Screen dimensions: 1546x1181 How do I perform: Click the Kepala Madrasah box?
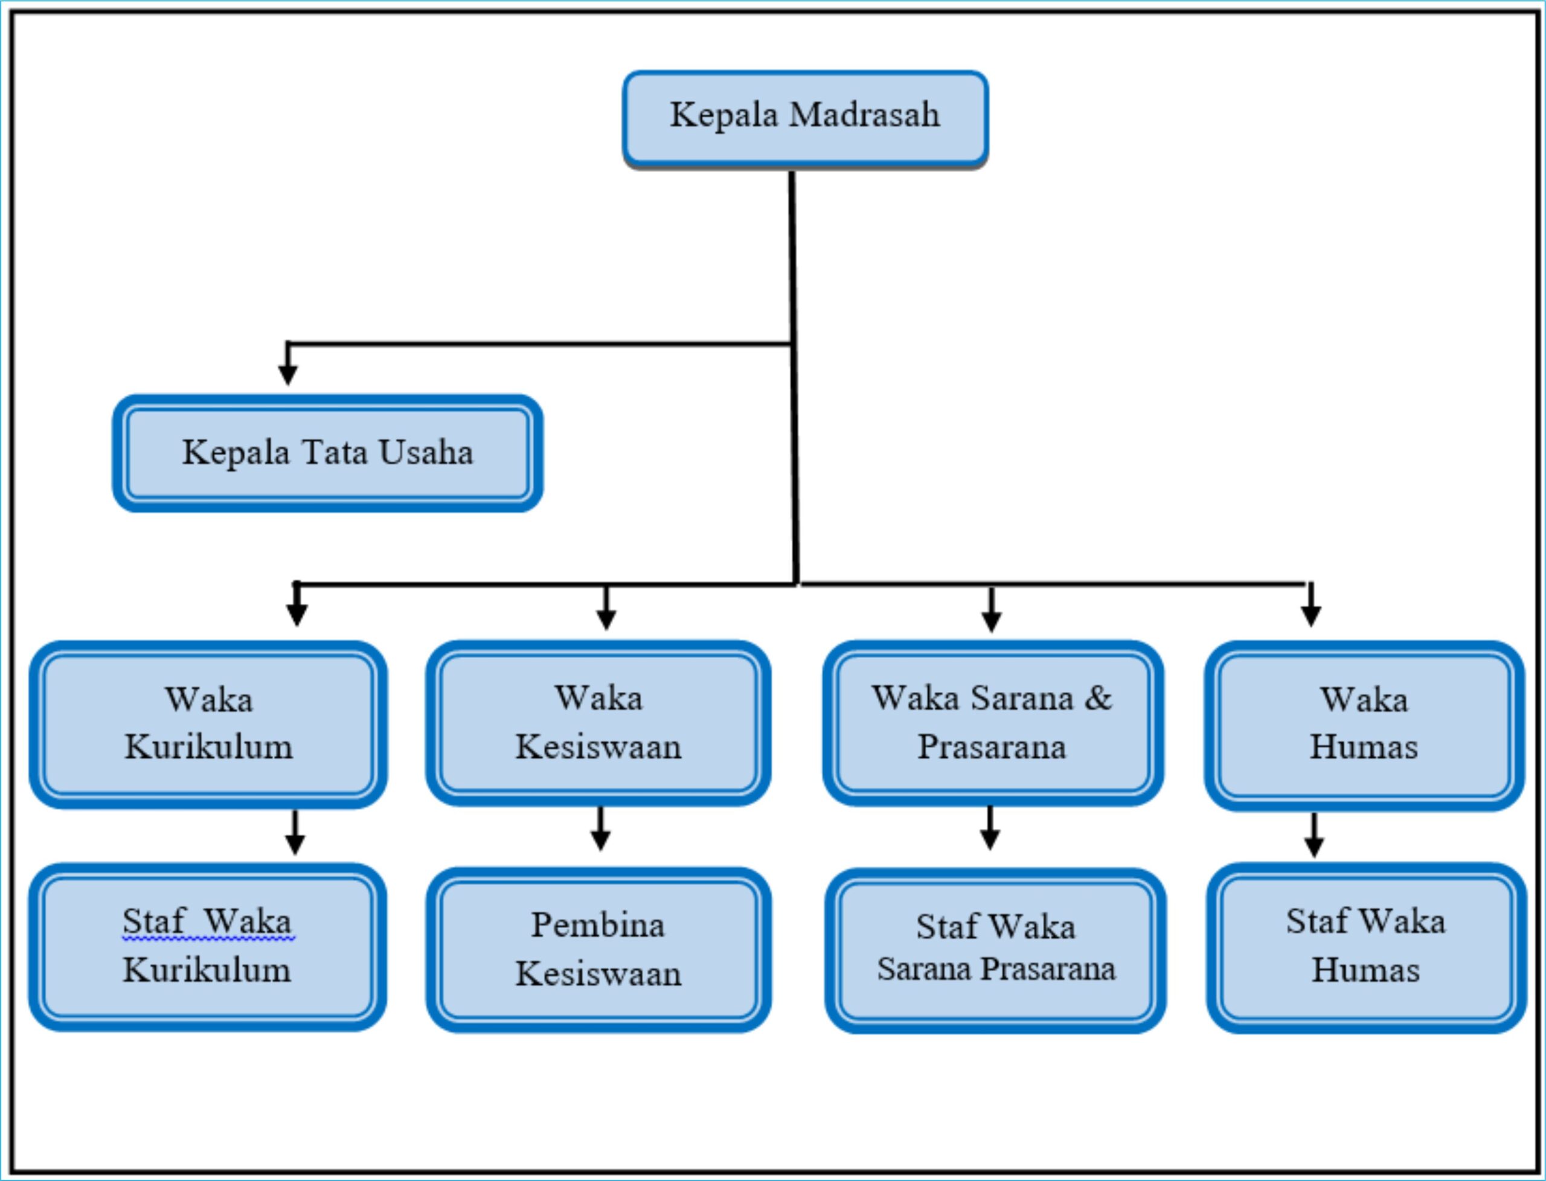coord(806,120)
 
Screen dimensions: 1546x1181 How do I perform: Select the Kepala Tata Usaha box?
coord(328,453)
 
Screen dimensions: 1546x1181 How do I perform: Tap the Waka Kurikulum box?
coord(208,725)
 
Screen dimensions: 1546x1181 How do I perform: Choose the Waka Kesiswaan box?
coord(598,723)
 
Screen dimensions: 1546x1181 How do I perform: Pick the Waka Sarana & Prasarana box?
coord(993,723)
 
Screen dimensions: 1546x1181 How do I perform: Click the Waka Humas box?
coord(1365,726)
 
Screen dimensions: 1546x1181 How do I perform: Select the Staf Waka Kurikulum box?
coord(207,947)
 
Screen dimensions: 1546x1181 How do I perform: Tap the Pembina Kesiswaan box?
coord(598,950)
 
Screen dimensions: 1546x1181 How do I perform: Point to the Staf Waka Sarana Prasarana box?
coord(995,950)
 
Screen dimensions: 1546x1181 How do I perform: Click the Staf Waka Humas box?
coord(1366,947)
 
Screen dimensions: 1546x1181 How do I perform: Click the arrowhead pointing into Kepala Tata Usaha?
coord(287,376)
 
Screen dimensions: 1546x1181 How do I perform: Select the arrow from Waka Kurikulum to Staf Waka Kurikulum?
coord(295,833)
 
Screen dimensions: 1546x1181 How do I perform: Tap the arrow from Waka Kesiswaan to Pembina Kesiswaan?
coord(600,829)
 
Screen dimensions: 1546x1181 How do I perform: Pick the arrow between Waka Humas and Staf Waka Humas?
coord(1314,835)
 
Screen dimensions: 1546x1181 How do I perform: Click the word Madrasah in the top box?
coord(864,115)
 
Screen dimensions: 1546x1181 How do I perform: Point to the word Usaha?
coord(426,452)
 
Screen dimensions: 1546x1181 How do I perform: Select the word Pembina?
coord(598,924)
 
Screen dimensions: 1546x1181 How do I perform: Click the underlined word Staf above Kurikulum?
coord(154,921)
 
